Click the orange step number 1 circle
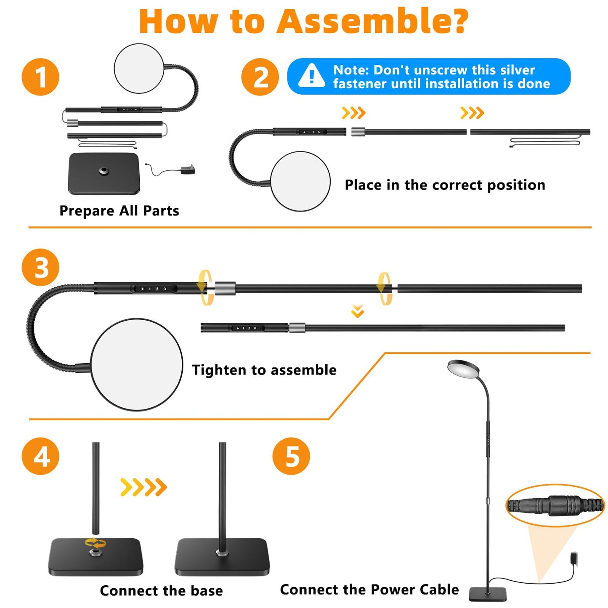pyautogui.click(x=40, y=77)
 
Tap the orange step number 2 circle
pyautogui.click(x=260, y=77)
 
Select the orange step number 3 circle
pyautogui.click(x=40, y=268)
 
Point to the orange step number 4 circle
pyautogui.click(x=40, y=456)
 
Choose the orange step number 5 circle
pyautogui.click(x=291, y=456)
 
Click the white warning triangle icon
pyautogui.click(x=311, y=76)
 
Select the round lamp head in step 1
pyautogui.click(x=139, y=68)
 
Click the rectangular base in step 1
pyautogui.click(x=104, y=173)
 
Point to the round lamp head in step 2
pyautogui.click(x=300, y=181)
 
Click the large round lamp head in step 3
pyautogui.click(x=136, y=364)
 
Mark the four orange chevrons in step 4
pyautogui.click(x=143, y=487)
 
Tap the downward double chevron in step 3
pyautogui.click(x=358, y=311)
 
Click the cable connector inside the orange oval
pyautogui.click(x=555, y=505)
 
